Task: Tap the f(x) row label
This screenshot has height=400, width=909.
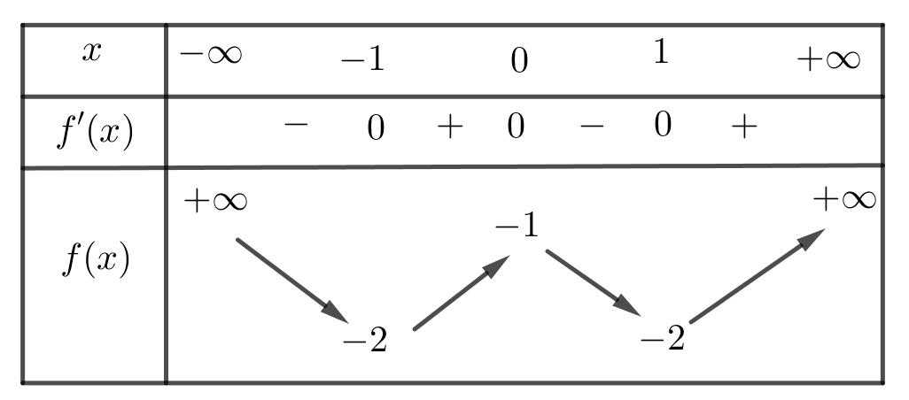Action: click(97, 261)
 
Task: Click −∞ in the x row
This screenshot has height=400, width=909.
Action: click(210, 55)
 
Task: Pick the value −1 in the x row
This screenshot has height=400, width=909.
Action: click(362, 61)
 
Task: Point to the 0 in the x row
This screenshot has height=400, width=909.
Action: click(520, 61)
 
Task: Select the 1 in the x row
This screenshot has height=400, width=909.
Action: click(659, 53)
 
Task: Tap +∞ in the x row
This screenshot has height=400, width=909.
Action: click(828, 61)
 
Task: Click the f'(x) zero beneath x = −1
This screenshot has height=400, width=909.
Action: click(376, 129)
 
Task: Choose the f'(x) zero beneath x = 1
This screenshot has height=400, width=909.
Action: click(662, 127)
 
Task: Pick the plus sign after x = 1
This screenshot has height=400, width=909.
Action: click(744, 128)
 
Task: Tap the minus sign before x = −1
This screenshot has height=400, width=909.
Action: click(296, 126)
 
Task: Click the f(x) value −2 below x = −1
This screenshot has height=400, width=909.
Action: click(365, 341)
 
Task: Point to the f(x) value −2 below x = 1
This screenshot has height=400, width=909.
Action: click(662, 339)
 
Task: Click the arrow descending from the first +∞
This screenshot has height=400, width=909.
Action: click(291, 279)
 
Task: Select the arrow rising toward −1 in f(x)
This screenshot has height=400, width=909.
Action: click(462, 292)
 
